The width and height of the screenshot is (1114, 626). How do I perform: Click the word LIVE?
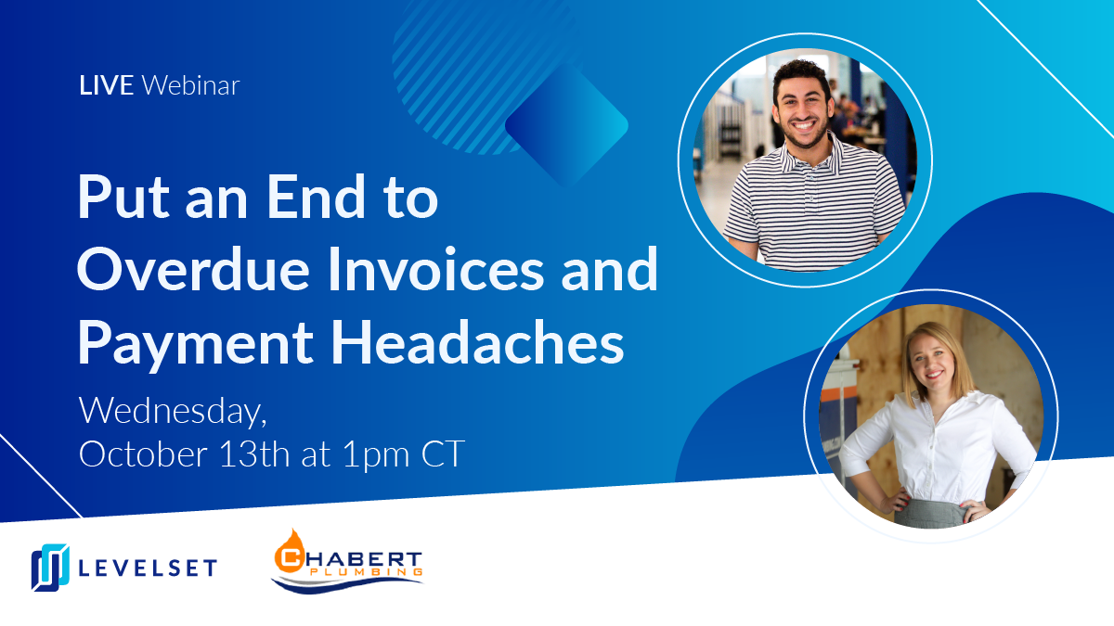pos(106,85)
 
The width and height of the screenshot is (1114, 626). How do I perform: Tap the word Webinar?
pos(190,85)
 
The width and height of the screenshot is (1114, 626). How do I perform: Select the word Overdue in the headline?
pos(193,269)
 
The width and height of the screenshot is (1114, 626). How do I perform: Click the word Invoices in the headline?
pos(435,269)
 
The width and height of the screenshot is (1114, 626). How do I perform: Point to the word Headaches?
pos(477,342)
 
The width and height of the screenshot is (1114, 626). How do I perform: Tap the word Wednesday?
pos(173,412)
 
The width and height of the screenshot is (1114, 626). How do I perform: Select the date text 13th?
pos(254,454)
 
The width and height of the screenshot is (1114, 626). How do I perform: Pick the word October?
pos(143,454)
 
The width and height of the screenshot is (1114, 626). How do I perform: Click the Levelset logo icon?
pos(50,567)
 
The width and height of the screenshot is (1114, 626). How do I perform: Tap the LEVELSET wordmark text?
pos(148,568)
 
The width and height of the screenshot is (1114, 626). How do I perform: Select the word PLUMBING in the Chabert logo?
pos(366,572)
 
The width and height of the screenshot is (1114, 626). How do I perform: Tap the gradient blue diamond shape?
pos(566,124)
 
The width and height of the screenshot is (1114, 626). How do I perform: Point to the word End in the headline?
pos(316,197)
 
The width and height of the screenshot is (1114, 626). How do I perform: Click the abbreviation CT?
pos(443,454)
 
